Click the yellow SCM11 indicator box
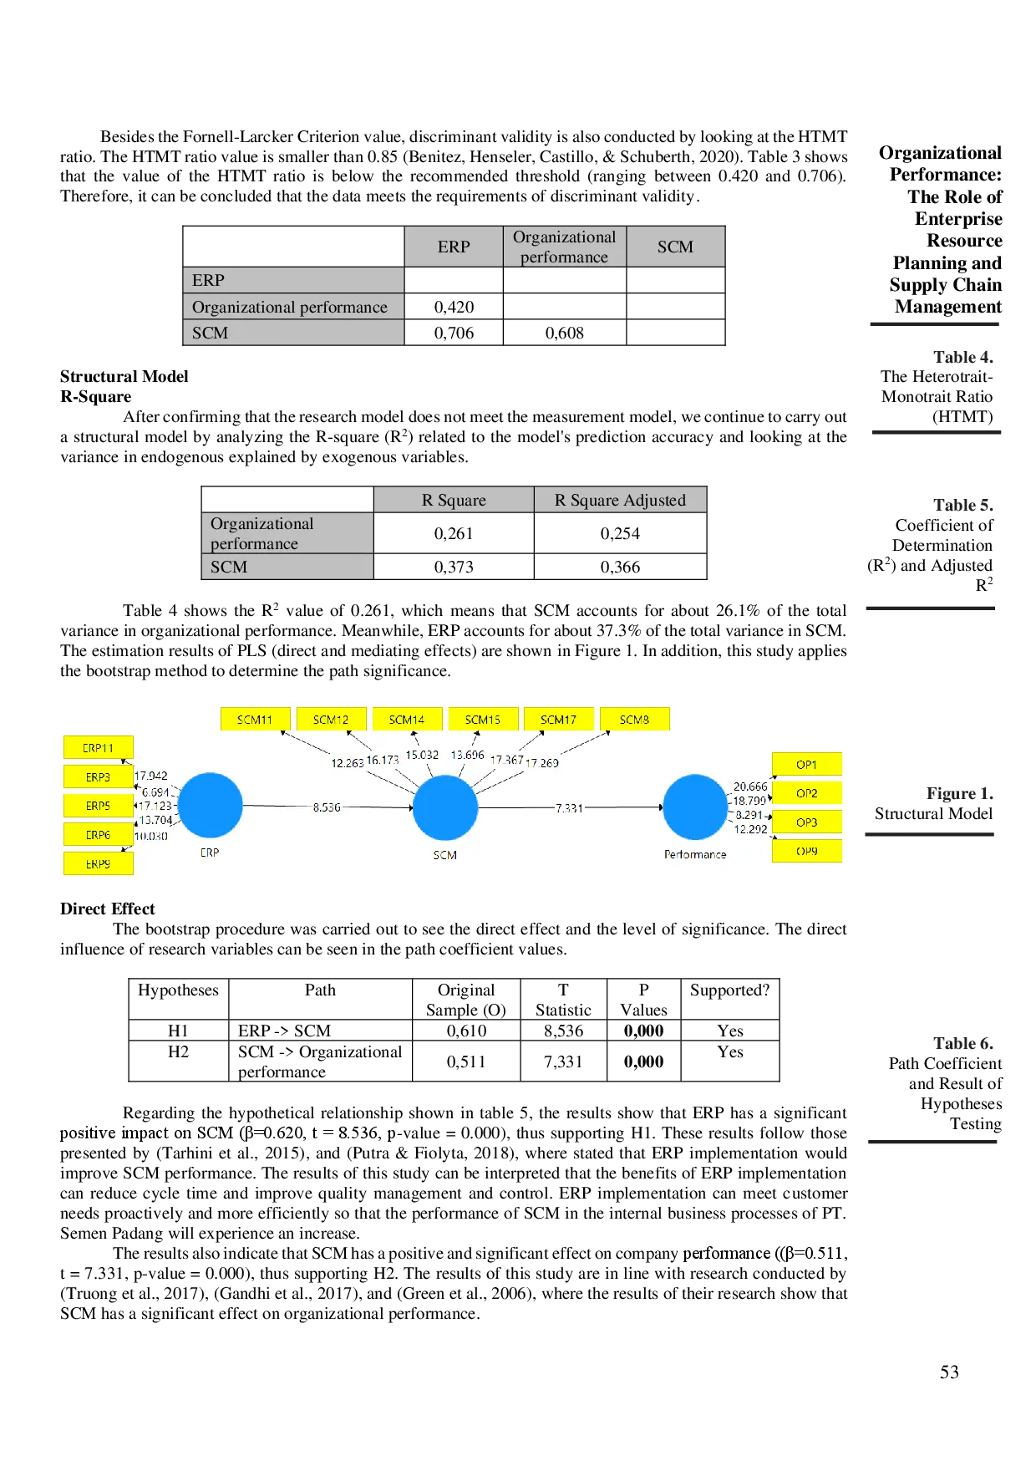[255, 720]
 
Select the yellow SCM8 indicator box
[634, 720]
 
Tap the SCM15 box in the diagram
[482, 720]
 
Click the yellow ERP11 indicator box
[98, 748]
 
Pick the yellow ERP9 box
[98, 863]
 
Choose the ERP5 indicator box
[98, 806]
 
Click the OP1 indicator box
[806, 764]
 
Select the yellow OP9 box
[806, 851]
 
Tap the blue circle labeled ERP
[210, 806]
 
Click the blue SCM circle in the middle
[445, 807]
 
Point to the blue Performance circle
[695, 807]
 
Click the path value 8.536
[327, 807]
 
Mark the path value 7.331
[569, 808]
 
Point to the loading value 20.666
[750, 786]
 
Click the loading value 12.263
[347, 763]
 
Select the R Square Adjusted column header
[620, 500]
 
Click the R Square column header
[454, 500]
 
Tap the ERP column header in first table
[454, 247]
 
